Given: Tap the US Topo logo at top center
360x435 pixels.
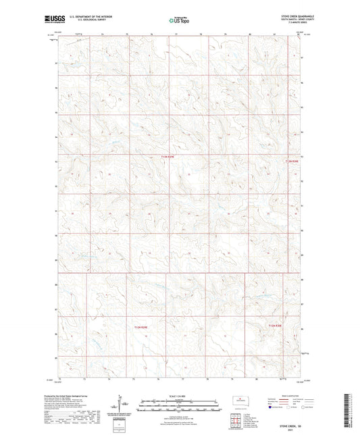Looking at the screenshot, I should [178, 21].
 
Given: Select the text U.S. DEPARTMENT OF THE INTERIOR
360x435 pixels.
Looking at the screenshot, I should [83, 19].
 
